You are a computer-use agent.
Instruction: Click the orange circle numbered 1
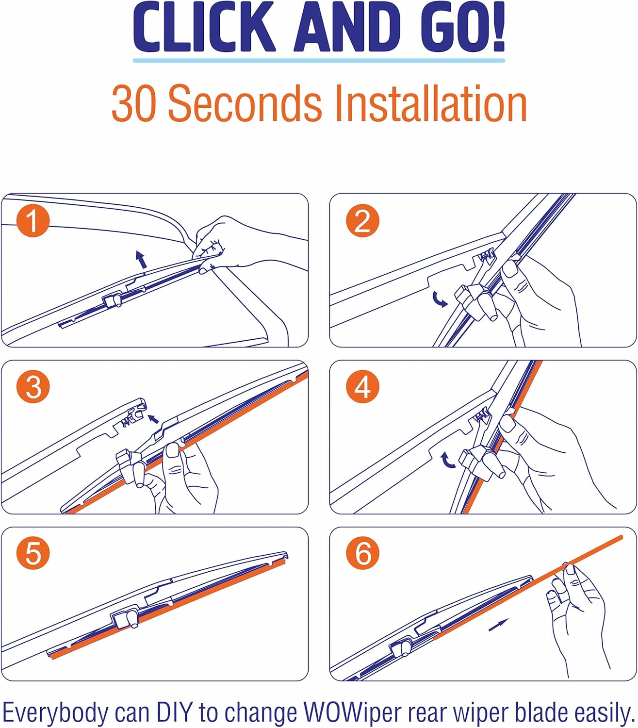33,221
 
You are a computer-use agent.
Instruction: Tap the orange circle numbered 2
362,221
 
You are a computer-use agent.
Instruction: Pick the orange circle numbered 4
362,387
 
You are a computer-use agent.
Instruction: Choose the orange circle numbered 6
362,553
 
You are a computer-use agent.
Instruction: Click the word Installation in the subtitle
430,103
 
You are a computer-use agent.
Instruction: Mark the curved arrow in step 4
447,460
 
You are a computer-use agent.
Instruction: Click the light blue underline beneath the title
319,60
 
